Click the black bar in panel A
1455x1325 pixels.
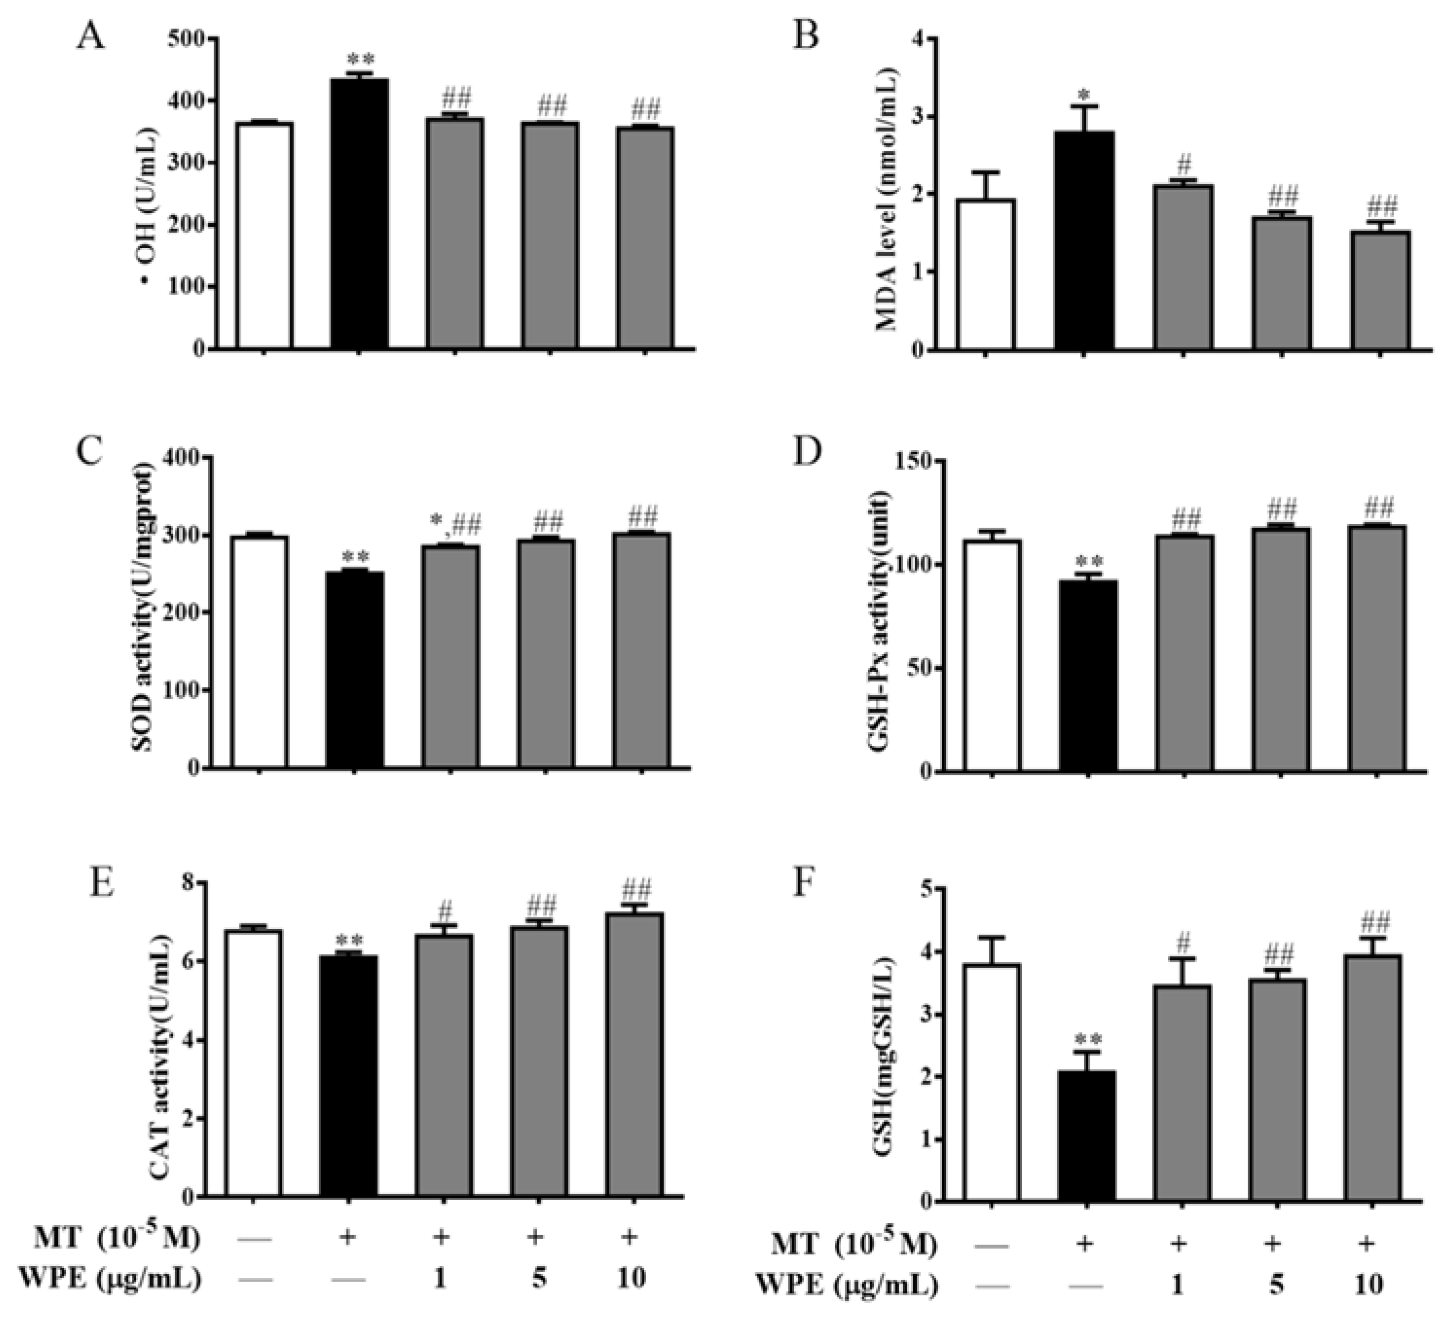[x=360, y=214]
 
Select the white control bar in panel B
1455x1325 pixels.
[x=985, y=275]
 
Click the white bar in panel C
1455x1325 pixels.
[x=259, y=652]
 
